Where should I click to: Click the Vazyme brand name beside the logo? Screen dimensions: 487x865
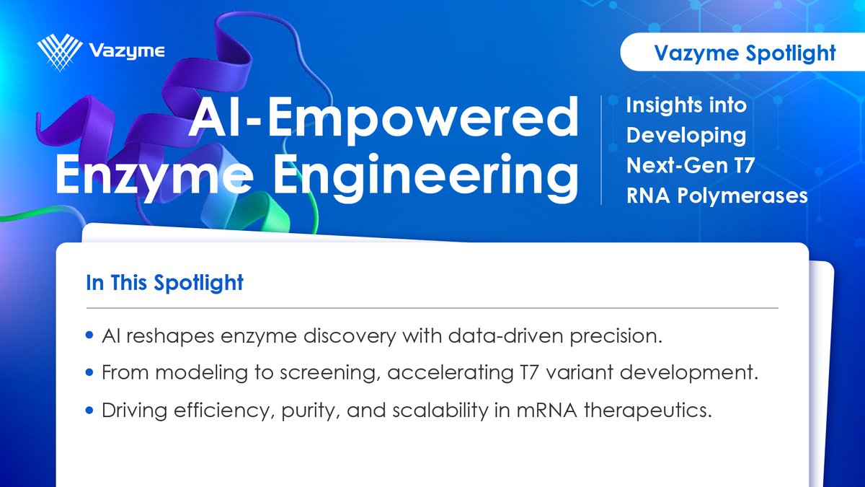(x=128, y=51)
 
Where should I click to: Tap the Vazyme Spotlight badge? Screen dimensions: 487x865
(x=743, y=53)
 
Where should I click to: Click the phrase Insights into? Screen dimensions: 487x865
(x=686, y=105)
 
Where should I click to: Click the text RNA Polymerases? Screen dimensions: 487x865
(x=717, y=196)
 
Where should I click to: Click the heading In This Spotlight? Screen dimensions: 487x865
(x=164, y=283)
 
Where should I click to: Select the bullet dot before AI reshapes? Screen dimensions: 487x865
(x=89, y=335)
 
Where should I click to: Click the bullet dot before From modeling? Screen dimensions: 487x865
(x=89, y=373)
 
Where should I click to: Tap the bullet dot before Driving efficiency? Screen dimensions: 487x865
(x=89, y=411)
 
